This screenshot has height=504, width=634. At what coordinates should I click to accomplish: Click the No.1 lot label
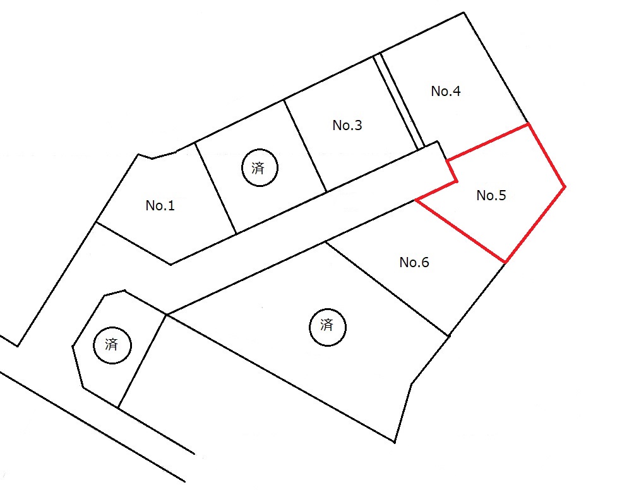pyautogui.click(x=160, y=205)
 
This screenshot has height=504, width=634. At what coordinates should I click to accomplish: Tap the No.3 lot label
pyautogui.click(x=347, y=126)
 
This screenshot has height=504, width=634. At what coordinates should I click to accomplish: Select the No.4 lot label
pyautogui.click(x=446, y=92)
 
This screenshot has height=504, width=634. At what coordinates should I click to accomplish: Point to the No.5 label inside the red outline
pyautogui.click(x=491, y=195)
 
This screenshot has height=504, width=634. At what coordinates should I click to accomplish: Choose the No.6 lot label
pyautogui.click(x=414, y=263)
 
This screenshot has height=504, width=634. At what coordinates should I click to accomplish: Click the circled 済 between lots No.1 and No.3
pyautogui.click(x=260, y=168)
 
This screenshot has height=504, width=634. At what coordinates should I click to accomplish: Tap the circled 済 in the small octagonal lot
pyautogui.click(x=112, y=345)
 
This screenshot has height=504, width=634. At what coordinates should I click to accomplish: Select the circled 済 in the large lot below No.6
pyautogui.click(x=328, y=327)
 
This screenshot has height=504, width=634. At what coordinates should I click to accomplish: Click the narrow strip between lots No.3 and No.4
pyautogui.click(x=398, y=102)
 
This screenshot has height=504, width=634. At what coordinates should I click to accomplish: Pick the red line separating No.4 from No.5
pyautogui.click(x=487, y=142)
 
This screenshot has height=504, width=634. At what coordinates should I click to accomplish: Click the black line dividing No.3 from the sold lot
pyautogui.click(x=305, y=146)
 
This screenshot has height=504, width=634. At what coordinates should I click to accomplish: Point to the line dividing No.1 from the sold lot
pyautogui.click(x=215, y=188)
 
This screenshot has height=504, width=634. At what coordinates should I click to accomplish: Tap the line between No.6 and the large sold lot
pyautogui.click(x=387, y=289)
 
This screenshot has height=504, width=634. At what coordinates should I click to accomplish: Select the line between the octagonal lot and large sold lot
pyautogui.click(x=142, y=361)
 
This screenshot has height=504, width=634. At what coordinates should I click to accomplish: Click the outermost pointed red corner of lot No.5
pyautogui.click(x=565, y=186)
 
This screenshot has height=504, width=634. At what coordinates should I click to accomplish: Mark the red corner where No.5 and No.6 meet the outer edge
pyautogui.click(x=505, y=263)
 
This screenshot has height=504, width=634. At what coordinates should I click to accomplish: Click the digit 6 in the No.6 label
pyautogui.click(x=425, y=263)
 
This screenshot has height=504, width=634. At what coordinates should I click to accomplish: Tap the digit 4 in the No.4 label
pyautogui.click(x=457, y=92)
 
